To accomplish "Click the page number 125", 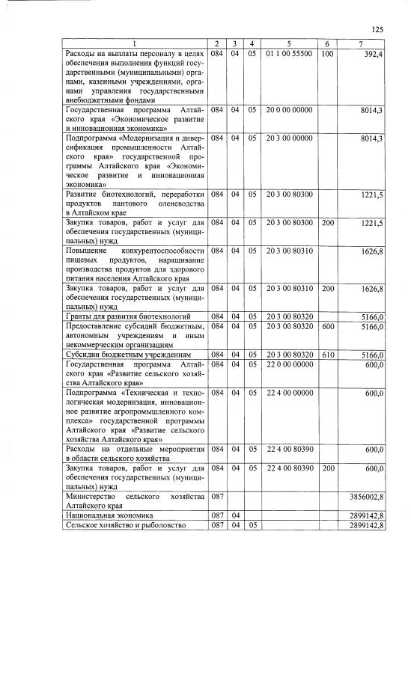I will tap(377, 29).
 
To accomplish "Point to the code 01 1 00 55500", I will tap(289, 55).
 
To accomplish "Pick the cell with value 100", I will tap(326, 55).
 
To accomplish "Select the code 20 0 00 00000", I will tap(289, 110).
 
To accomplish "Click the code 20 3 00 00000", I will tap(289, 138).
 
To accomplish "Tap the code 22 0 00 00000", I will tap(289, 364).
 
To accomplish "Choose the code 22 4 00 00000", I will tap(289, 393).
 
